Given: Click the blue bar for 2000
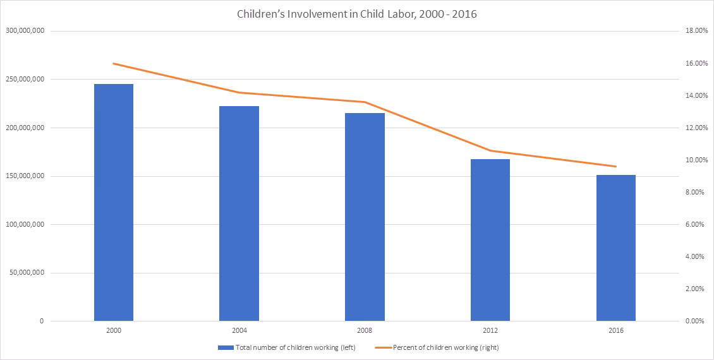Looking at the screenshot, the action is (113, 203).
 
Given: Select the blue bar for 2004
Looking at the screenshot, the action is (239, 213).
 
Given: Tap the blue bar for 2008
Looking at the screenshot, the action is (365, 217).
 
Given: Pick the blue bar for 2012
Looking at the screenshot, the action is (490, 240).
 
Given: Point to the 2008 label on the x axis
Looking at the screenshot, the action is (365, 330).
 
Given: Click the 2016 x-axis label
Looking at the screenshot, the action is (616, 330).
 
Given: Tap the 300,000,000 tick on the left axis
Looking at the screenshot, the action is (25, 31).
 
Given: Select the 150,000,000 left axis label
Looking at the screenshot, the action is (25, 176).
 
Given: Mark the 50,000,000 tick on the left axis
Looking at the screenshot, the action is (27, 273).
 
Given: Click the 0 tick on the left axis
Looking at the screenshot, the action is (42, 321).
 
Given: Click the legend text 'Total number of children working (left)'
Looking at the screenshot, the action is (295, 348).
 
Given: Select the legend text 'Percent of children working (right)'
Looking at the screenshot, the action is (446, 348).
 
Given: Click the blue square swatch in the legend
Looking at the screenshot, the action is (226, 348).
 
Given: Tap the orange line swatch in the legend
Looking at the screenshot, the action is (382, 348).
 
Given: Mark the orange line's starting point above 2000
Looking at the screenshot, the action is (113, 63).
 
